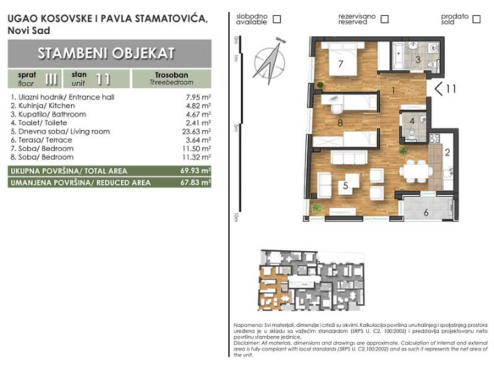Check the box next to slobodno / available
point(277,19)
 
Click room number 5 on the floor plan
point(344,185)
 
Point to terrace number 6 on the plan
point(426,212)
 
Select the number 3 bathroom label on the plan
point(417,59)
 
